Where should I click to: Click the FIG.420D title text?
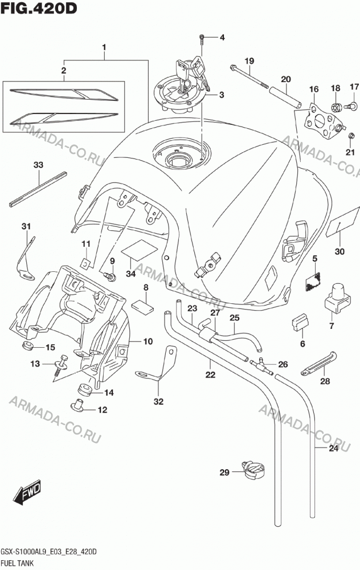[x=39, y=8]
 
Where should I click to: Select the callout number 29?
[x=224, y=472]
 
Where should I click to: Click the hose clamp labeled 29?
[x=253, y=470]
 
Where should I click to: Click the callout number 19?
[x=249, y=61]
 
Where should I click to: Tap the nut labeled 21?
[x=351, y=136]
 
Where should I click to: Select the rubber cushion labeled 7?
[x=337, y=297]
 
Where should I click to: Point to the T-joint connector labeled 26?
[x=261, y=365]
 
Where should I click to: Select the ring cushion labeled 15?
[x=28, y=345]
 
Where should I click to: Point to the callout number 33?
[x=38, y=165]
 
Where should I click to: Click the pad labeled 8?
[x=142, y=306]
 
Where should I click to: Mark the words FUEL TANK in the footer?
[x=18, y=563]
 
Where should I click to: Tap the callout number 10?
[x=148, y=341]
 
